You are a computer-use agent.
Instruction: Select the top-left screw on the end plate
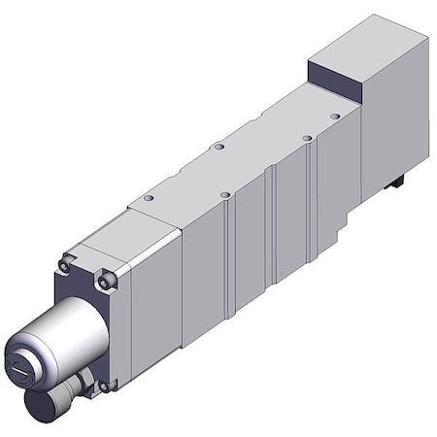coord(65,265)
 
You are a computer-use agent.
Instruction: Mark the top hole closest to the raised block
coord(335,116)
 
